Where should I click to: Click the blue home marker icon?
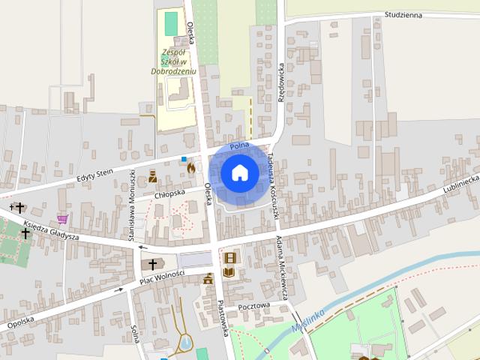tap(239, 172)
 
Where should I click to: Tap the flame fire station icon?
tap(191, 169)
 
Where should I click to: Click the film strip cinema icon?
tap(229, 258)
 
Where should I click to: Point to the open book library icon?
tap(229, 271)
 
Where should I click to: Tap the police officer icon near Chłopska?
tap(152, 177)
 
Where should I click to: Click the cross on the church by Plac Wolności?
tap(153, 264)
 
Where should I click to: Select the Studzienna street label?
tap(403, 15)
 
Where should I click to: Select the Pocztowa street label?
tap(253, 307)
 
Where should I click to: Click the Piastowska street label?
tap(223, 319)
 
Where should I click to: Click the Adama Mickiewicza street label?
tap(283, 268)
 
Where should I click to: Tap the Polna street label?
tap(239, 145)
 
